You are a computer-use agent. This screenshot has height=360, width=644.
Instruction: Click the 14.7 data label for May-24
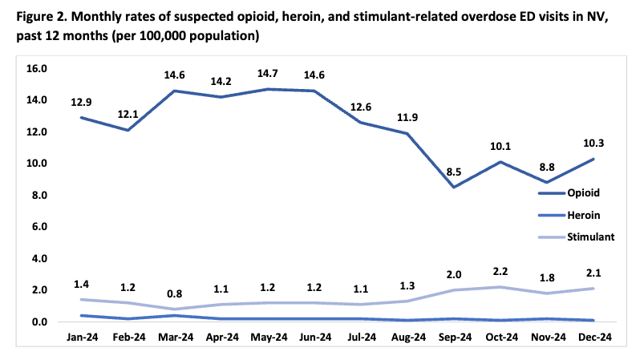268,74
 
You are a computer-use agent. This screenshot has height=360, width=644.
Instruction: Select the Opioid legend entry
569,193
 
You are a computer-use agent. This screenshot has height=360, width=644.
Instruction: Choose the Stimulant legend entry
577,237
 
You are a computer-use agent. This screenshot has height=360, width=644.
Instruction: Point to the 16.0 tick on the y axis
37,68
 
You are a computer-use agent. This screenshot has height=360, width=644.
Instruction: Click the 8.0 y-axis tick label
39,195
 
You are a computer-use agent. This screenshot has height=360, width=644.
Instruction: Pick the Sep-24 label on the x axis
455,337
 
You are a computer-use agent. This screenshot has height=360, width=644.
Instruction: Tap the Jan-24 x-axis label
82,337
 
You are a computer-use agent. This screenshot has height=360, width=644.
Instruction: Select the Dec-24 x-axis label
595,337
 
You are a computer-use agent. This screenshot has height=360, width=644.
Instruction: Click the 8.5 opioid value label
454,172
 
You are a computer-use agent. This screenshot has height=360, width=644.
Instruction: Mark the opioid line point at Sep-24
454,187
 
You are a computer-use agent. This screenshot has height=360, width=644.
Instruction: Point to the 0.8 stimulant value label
175,294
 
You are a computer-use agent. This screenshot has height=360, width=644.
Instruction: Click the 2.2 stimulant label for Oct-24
500,271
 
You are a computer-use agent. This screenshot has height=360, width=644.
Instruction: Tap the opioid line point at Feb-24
128,130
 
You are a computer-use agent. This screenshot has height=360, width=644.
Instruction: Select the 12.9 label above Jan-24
81,102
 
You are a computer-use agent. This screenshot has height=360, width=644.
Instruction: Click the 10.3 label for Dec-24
593,144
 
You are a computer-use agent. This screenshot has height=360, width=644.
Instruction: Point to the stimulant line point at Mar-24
175,309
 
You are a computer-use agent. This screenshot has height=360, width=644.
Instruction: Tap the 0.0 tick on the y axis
39,322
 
